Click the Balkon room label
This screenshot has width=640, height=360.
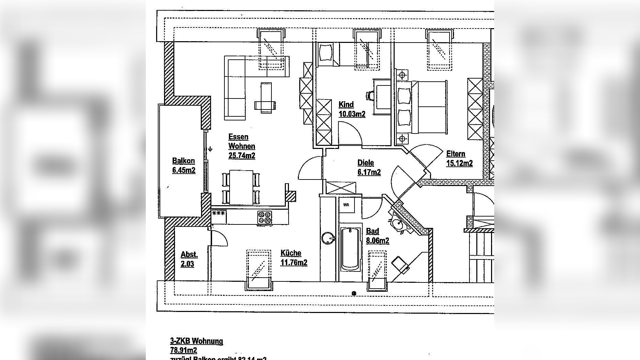183,161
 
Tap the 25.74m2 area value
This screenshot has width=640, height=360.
242,156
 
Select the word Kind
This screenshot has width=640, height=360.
346,105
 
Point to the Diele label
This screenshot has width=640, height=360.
365,163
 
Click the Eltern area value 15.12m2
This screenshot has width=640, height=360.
459,163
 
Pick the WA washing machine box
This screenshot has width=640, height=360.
347,205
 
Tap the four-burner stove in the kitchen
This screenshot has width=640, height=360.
265,217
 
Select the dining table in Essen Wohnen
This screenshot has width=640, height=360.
241,187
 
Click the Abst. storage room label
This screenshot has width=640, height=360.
189,255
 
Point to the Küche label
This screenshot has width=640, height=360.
291,253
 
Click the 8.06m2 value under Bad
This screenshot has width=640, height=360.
377,241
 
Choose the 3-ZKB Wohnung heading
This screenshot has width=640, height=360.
196,341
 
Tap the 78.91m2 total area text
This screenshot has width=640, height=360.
184,350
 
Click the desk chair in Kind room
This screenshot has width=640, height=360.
370,95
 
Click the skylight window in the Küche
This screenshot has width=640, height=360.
259,270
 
